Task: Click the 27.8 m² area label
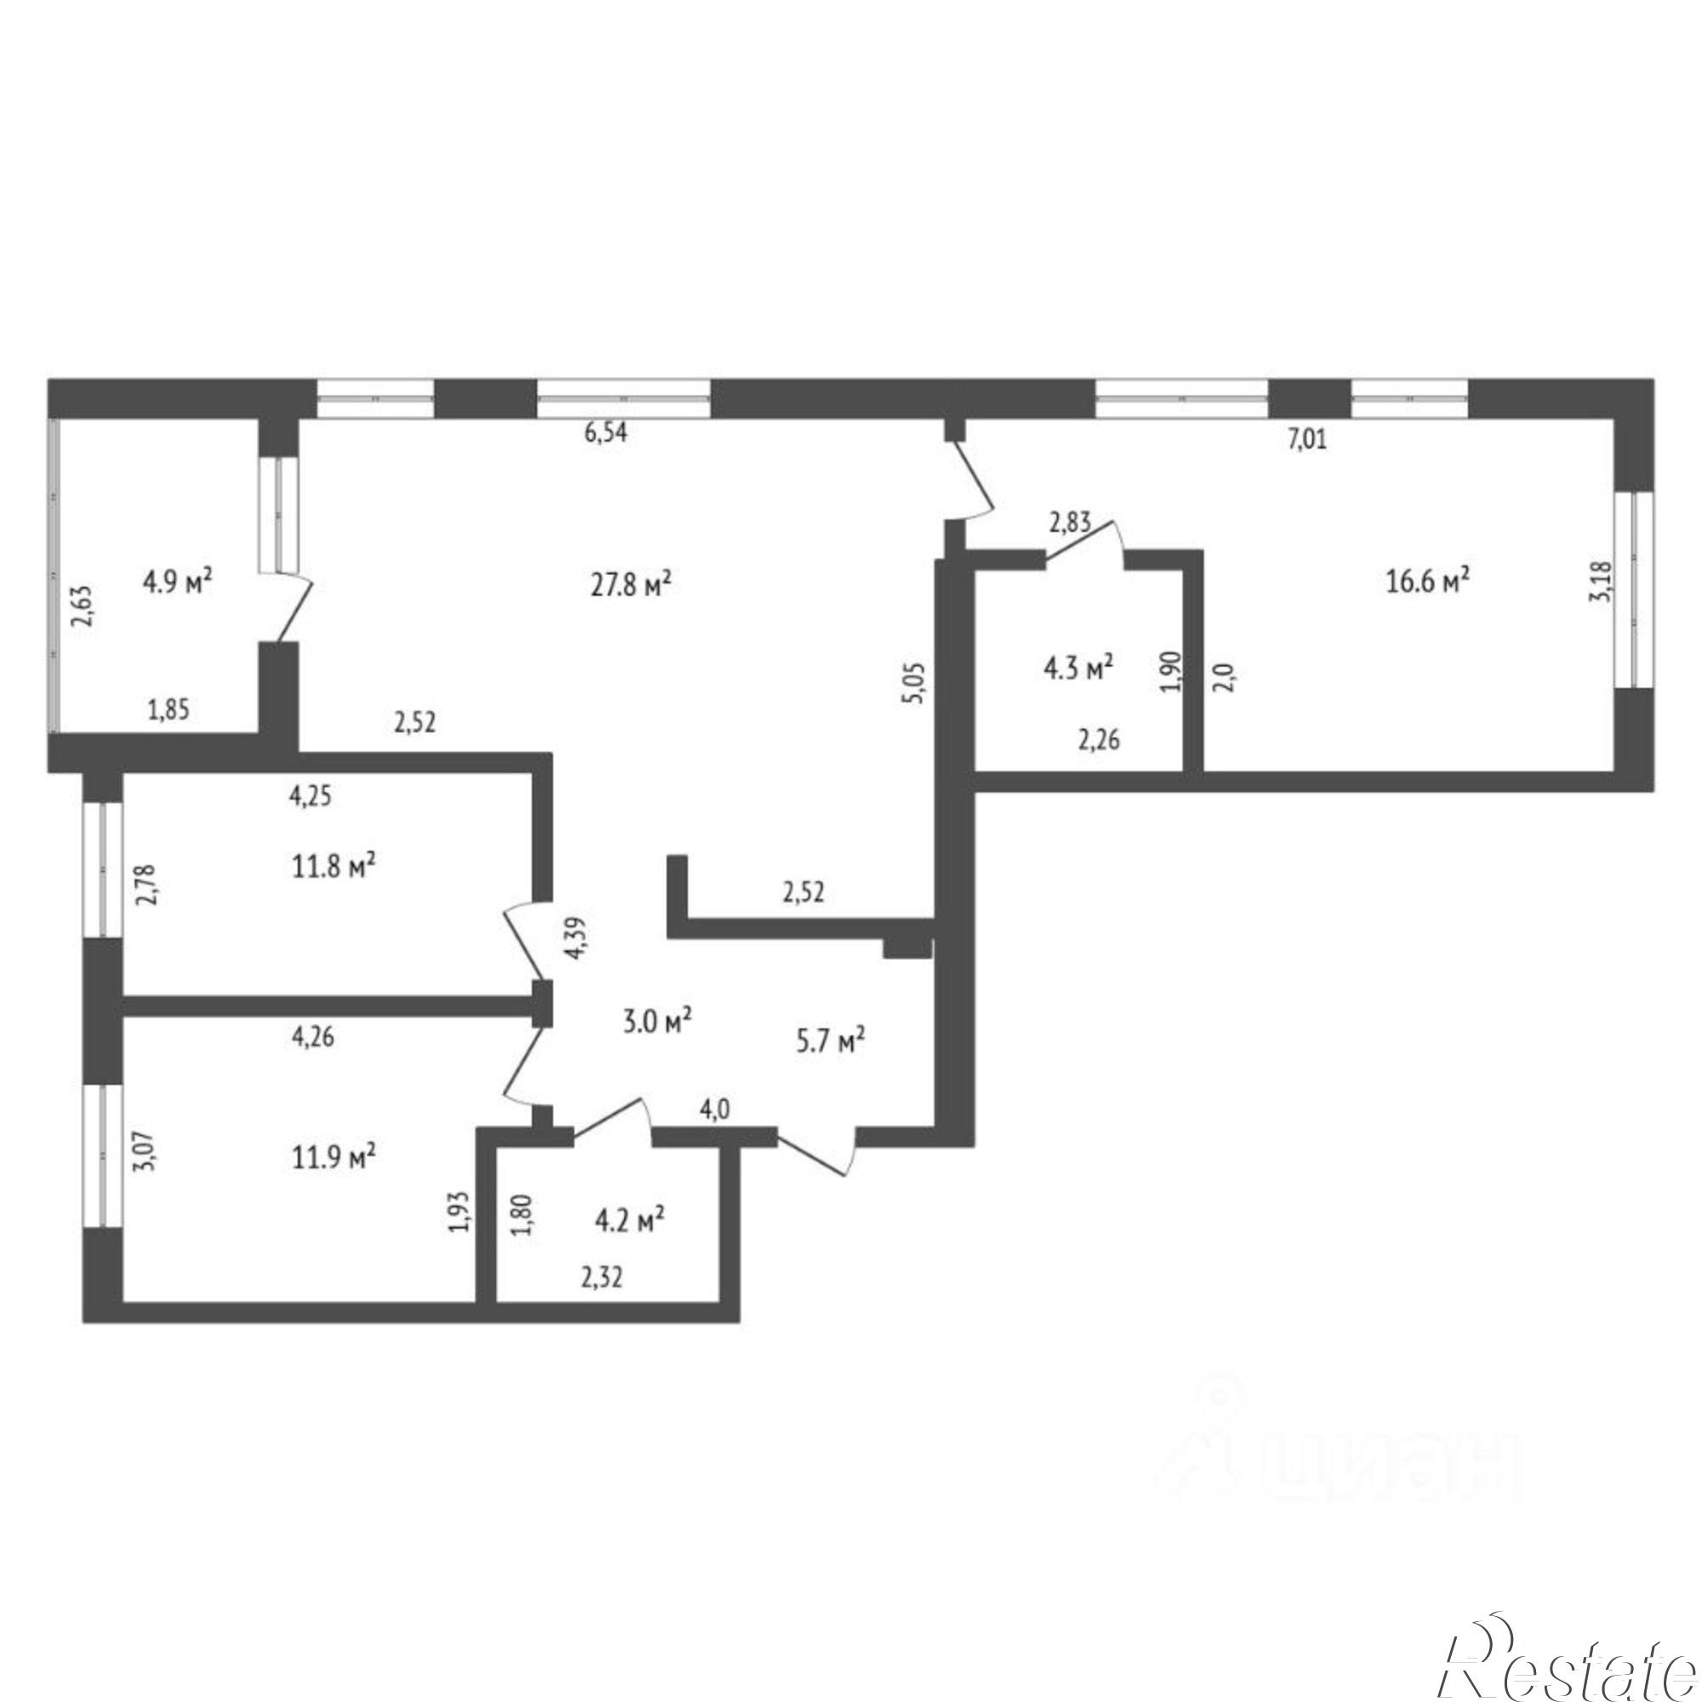(x=631, y=585)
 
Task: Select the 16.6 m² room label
(x=1428, y=580)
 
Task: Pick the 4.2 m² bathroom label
(x=630, y=1221)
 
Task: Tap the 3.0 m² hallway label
(x=657, y=1025)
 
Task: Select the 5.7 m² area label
(x=830, y=1042)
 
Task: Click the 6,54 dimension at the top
(x=606, y=434)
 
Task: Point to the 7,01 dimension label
(x=1307, y=439)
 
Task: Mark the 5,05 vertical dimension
(x=915, y=683)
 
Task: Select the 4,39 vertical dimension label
(x=577, y=940)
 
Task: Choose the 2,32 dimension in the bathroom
(x=602, y=1277)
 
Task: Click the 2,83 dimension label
(x=1070, y=523)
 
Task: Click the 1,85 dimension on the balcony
(x=168, y=710)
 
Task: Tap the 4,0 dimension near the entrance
(x=715, y=1110)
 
